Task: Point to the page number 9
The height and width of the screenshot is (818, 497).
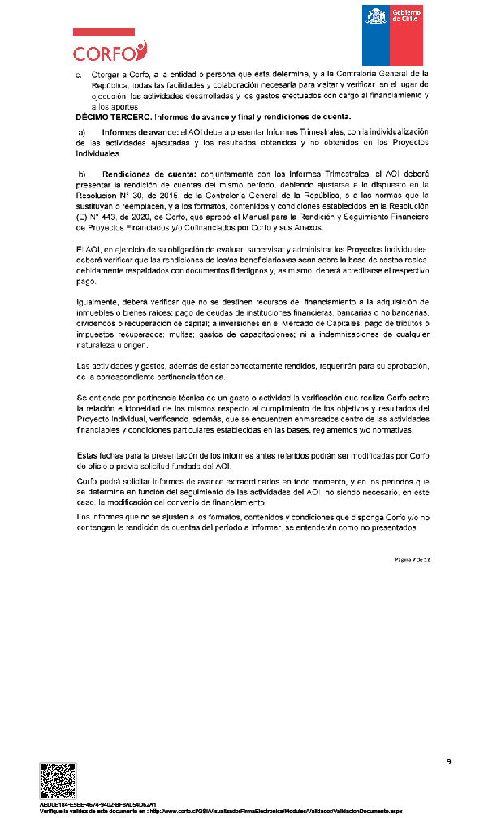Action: tap(447, 761)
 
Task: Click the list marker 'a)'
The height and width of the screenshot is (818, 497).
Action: tap(81, 131)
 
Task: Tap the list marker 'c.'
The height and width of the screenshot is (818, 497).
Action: tap(80, 74)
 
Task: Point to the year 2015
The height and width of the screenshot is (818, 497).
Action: tap(183, 196)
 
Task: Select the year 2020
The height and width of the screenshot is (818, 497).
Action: tap(131, 217)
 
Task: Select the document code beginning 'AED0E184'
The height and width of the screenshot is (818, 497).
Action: tap(98, 804)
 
